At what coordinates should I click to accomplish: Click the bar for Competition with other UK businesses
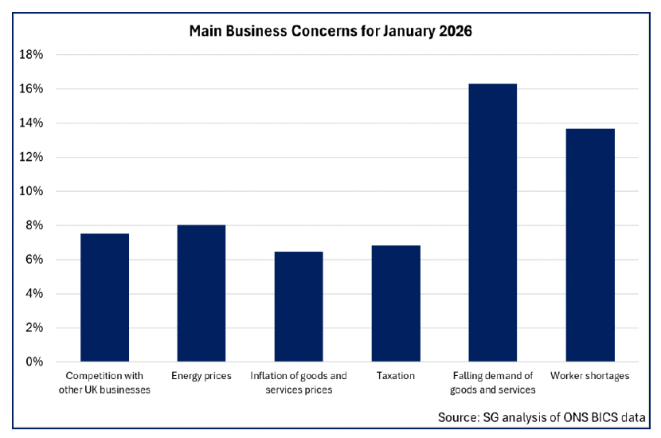click(x=104, y=297)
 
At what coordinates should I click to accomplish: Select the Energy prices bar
click(x=201, y=293)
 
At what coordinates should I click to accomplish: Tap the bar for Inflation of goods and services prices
click(x=299, y=307)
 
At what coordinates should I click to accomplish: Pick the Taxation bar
click(x=396, y=303)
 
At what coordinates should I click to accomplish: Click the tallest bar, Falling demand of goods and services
click(x=493, y=222)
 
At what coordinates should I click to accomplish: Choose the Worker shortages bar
click(x=590, y=244)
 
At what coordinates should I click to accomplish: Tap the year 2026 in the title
click(x=454, y=32)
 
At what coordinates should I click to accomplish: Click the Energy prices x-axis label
click(x=201, y=376)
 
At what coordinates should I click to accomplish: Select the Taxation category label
click(x=396, y=376)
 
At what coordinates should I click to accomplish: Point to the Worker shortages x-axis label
click(x=590, y=376)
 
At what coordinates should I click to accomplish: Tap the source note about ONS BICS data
click(x=541, y=417)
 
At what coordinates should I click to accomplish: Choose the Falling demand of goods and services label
click(x=493, y=382)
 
